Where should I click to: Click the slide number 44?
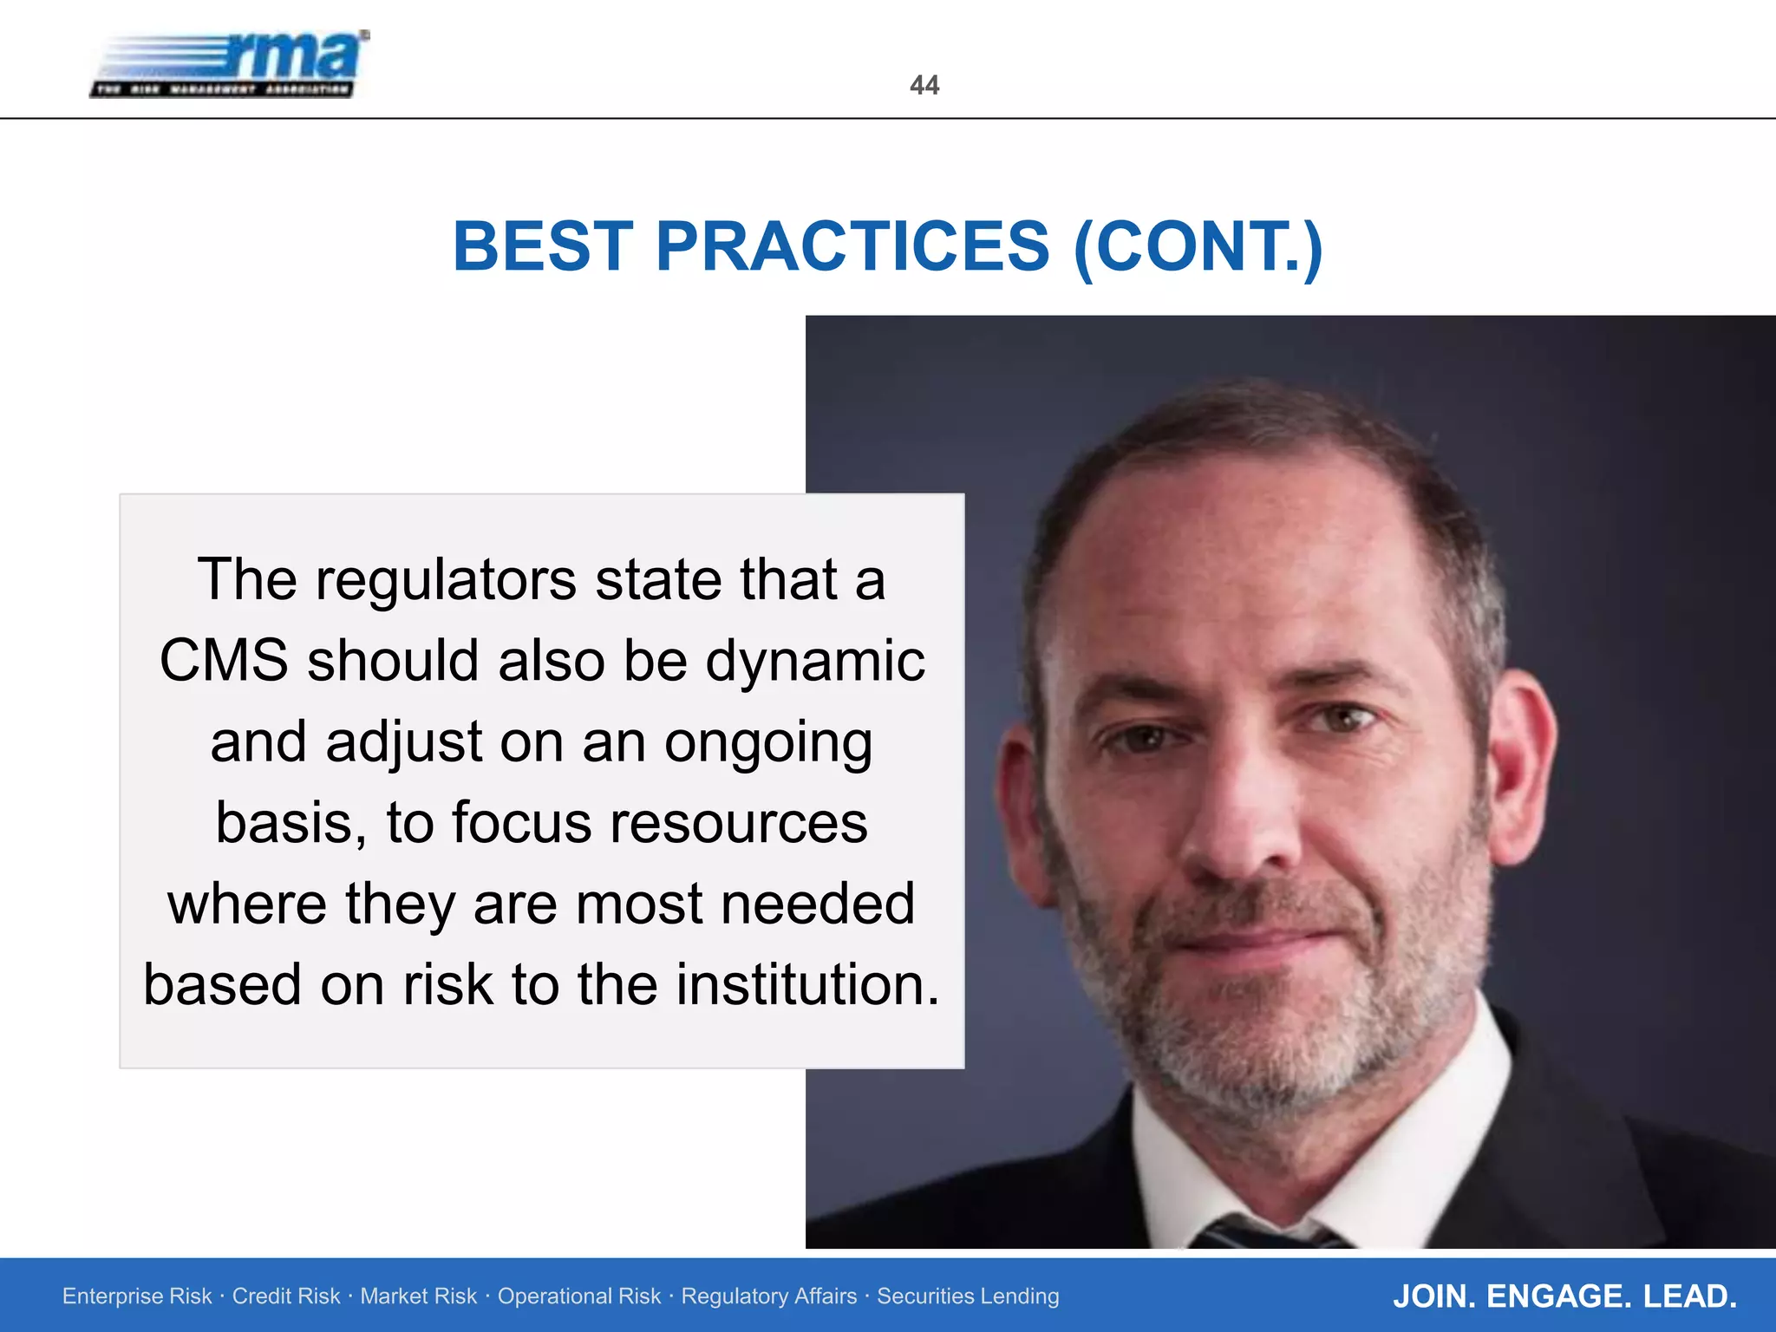924,85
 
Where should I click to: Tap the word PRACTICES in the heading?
852,246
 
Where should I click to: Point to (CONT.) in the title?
1198,246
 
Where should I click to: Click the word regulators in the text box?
445,579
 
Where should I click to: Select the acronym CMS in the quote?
224,661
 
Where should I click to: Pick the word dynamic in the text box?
814,661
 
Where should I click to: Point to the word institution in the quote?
806,985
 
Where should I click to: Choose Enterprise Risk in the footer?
137,1296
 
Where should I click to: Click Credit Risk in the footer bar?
286,1296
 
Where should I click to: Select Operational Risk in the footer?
578,1296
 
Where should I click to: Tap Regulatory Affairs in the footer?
768,1296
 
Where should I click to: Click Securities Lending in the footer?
968,1296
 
